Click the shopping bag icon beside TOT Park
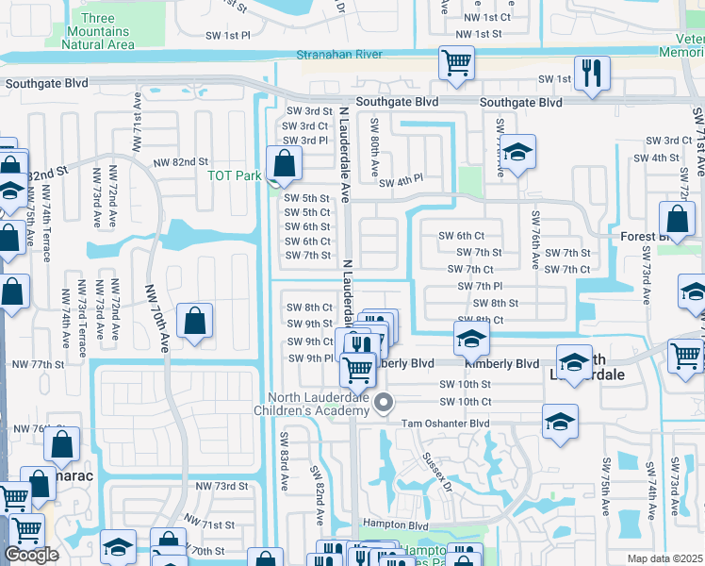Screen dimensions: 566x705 click(284, 164)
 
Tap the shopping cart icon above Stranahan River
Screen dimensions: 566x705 click(456, 63)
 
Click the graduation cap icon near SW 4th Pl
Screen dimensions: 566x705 click(516, 152)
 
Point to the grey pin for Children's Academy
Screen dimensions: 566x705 click(383, 404)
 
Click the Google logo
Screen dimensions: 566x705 click(31, 555)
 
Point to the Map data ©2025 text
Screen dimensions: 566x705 click(664, 558)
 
